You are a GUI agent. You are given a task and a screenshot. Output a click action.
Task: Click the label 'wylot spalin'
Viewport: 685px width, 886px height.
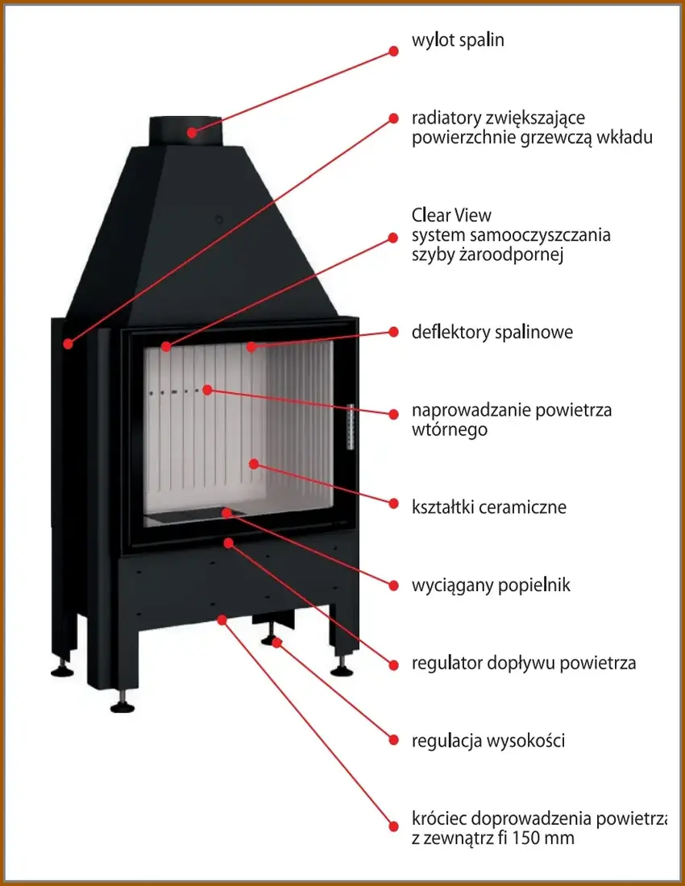[458, 40]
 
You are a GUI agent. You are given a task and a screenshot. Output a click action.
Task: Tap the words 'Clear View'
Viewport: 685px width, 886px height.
[451, 216]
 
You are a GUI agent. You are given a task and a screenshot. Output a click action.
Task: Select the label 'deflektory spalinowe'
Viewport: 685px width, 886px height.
[492, 332]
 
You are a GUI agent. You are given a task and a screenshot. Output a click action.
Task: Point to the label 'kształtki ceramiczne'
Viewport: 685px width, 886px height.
[489, 507]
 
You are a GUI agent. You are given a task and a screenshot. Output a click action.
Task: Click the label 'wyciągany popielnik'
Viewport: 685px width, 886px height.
[491, 586]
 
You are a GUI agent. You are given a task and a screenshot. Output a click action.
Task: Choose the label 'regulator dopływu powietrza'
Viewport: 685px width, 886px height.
[524, 664]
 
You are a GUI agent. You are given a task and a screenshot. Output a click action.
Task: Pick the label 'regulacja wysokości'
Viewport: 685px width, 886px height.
[488, 740]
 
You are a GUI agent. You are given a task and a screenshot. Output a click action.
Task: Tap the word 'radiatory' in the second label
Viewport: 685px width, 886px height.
[445, 118]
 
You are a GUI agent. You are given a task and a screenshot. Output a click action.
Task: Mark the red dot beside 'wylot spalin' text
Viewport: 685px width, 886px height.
[394, 50]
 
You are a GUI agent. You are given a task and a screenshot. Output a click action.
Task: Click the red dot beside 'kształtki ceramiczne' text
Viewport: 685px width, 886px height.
[394, 503]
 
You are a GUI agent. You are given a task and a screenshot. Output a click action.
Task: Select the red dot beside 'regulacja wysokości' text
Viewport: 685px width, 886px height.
[394, 739]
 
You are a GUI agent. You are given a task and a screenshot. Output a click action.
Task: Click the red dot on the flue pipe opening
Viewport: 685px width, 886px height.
[192, 131]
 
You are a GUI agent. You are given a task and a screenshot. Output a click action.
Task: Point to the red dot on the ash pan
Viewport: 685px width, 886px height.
[228, 511]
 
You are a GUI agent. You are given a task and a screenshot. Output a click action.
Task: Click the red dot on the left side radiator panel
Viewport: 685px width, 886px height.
[68, 344]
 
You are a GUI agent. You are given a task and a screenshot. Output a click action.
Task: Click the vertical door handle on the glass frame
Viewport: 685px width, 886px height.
[350, 424]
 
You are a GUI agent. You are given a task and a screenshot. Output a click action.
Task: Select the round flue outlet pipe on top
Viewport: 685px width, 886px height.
[185, 130]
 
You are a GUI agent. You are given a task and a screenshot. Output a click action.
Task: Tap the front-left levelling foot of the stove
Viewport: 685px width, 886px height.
[122, 704]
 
